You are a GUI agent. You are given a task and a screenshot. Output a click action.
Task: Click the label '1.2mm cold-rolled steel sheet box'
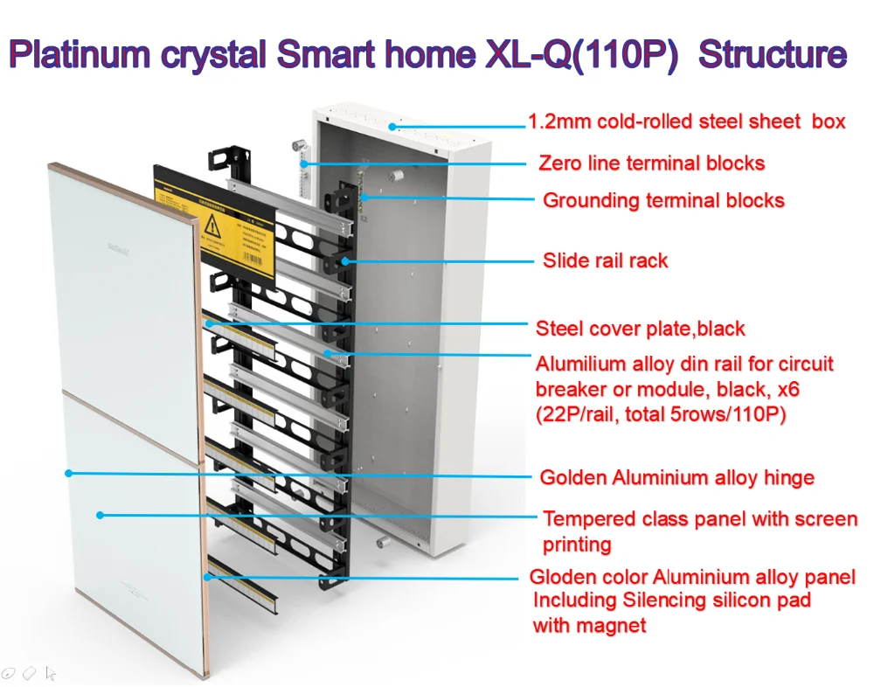click(x=687, y=121)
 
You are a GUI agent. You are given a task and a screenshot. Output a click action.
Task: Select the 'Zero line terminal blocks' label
click(x=651, y=163)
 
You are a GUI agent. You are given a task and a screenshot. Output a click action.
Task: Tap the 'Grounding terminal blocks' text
click(x=663, y=201)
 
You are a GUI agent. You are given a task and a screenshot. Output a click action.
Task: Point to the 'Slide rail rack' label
click(x=605, y=260)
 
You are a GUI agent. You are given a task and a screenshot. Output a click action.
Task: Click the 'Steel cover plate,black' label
click(x=640, y=330)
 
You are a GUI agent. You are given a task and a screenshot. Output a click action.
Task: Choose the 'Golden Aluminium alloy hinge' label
click(x=676, y=478)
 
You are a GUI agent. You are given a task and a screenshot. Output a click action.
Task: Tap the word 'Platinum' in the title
click(x=80, y=55)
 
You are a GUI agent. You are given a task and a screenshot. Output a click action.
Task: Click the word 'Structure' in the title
click(x=773, y=55)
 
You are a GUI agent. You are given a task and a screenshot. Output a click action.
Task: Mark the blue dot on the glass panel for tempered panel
click(x=101, y=515)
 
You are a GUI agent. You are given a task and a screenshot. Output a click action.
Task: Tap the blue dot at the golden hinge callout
click(x=68, y=473)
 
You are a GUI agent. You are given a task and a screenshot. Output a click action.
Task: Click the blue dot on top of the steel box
click(x=394, y=126)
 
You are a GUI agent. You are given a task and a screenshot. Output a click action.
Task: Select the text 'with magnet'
click(x=589, y=626)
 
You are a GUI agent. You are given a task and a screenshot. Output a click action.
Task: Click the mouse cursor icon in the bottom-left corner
click(x=50, y=673)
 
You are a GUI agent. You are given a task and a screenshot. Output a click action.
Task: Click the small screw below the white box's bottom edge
click(x=382, y=543)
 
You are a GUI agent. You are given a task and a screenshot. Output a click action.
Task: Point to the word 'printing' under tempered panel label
click(x=577, y=545)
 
